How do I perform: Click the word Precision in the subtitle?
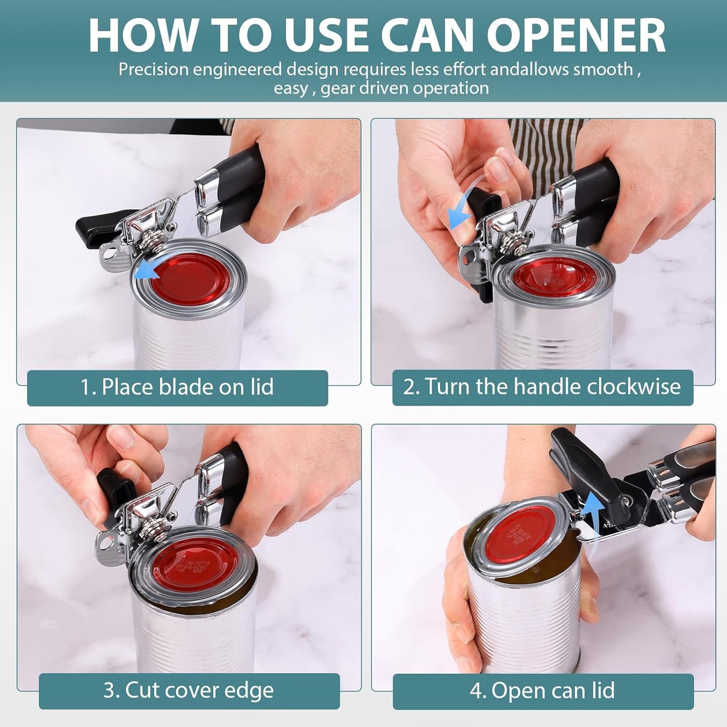(x=153, y=69)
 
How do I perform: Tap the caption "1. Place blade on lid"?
(x=177, y=387)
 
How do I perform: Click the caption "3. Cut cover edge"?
(x=189, y=690)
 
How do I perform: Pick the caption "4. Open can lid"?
(x=542, y=690)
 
